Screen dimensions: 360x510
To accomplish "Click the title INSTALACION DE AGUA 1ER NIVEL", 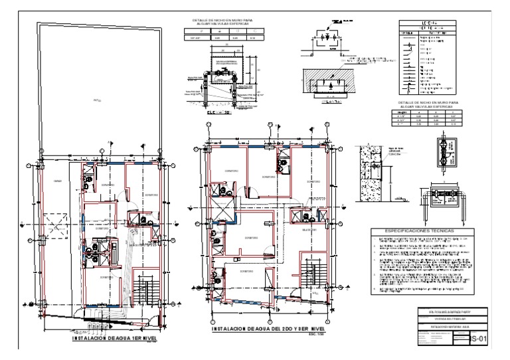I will tap(108, 339).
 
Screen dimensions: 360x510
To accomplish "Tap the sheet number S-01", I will tap(479, 339).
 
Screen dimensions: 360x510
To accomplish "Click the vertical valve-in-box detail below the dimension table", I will tap(441, 152).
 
